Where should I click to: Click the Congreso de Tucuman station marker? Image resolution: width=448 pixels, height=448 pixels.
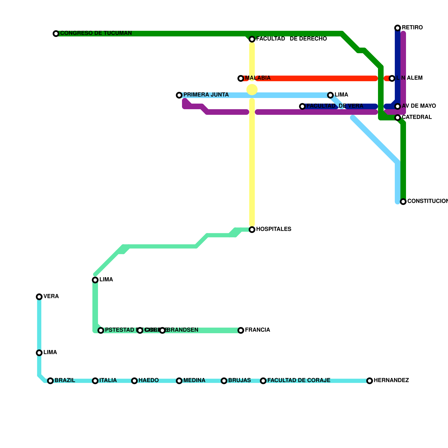point(56,34)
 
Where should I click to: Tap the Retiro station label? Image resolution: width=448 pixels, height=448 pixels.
point(412,28)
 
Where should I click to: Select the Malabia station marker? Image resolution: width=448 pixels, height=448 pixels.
point(241,78)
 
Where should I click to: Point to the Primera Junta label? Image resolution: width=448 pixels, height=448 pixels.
point(206,95)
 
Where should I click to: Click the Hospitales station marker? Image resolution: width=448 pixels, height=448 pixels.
point(252,230)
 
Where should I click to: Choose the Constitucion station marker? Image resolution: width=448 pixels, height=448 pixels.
point(403,202)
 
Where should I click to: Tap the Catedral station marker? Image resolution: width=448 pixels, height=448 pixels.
point(398,118)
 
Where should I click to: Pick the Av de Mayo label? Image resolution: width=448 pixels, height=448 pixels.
point(419,106)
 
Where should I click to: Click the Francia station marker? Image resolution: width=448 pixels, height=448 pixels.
point(241,330)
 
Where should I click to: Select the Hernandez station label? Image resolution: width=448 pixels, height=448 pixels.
point(391,381)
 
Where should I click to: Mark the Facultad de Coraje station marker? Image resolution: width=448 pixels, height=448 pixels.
point(263,381)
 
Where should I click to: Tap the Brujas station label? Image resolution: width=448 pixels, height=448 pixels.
point(239,381)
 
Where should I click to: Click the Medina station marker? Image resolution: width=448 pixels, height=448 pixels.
point(179,381)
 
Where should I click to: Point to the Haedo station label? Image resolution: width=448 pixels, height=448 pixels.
point(148,381)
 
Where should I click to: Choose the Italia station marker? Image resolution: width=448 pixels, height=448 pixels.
point(95,381)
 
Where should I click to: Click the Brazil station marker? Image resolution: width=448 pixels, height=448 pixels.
point(50,381)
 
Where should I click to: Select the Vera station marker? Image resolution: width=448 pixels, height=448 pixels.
point(39,297)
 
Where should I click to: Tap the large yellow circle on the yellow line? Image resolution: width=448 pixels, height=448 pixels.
point(252,90)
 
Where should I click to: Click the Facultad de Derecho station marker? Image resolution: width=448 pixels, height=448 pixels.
point(252,39)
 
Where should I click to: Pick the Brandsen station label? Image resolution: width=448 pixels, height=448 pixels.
point(184,330)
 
